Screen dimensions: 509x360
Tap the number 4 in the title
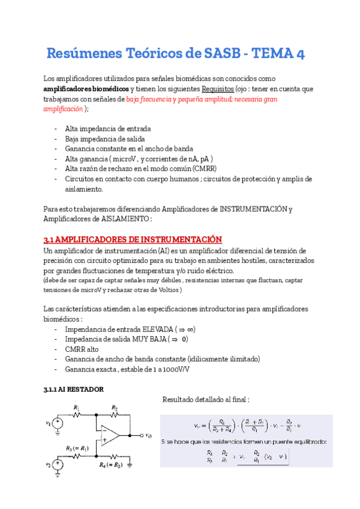coord(298,53)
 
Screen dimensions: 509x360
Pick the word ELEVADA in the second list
coord(157,330)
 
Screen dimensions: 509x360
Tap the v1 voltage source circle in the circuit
coord(58,423)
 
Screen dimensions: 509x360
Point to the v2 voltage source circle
coord(58,463)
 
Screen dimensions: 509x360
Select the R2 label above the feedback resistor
coord(114,408)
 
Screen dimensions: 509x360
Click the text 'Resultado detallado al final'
coord(205,400)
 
